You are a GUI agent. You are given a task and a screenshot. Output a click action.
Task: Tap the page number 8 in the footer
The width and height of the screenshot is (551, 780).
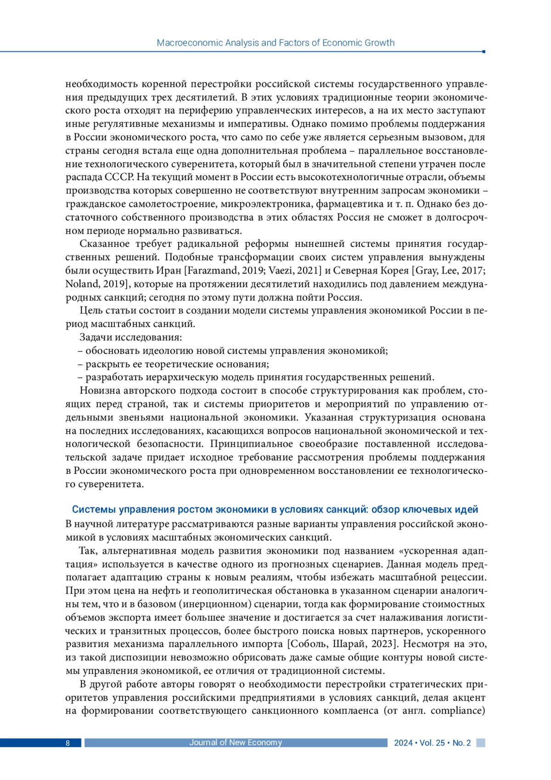pyautogui.click(x=67, y=743)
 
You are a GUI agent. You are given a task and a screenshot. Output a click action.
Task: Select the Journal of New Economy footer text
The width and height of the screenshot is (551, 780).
pyautogui.click(x=236, y=742)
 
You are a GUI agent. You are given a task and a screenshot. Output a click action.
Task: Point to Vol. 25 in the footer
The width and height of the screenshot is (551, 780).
pyautogui.click(x=432, y=743)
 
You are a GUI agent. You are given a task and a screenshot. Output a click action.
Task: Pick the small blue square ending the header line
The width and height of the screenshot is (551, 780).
pyautogui.click(x=484, y=51)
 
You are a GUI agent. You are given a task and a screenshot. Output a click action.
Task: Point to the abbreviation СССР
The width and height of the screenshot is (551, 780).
pyautogui.click(x=120, y=177)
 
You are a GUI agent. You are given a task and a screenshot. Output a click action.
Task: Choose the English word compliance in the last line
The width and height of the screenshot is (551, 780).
pyautogui.click(x=456, y=711)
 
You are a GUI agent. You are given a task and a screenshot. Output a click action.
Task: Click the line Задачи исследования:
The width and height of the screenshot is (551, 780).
pyautogui.click(x=131, y=337)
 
